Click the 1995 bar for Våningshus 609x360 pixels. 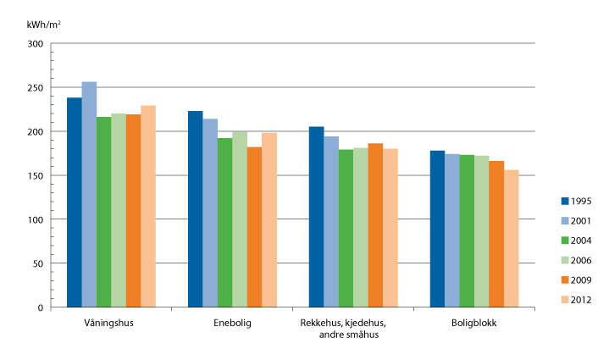pos(75,202)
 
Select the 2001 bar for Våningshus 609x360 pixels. pos(89,194)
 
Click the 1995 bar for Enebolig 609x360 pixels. pos(195,208)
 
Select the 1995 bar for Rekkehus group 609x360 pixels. pos(316,216)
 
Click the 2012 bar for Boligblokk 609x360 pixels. pos(511,238)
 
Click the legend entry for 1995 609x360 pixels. pos(574,201)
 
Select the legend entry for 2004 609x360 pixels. pos(574,240)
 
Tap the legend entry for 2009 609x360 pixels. pos(574,280)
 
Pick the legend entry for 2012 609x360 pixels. pos(574,299)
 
